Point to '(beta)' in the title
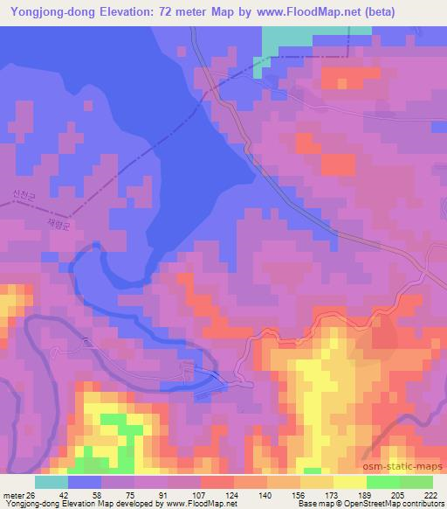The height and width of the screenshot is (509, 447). pos(368,12)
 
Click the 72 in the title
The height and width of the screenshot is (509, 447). pos(169,12)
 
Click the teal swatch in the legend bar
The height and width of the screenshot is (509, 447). pos(52,482)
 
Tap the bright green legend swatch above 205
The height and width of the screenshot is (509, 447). pos(382,482)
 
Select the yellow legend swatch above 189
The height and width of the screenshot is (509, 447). pos(350,482)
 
